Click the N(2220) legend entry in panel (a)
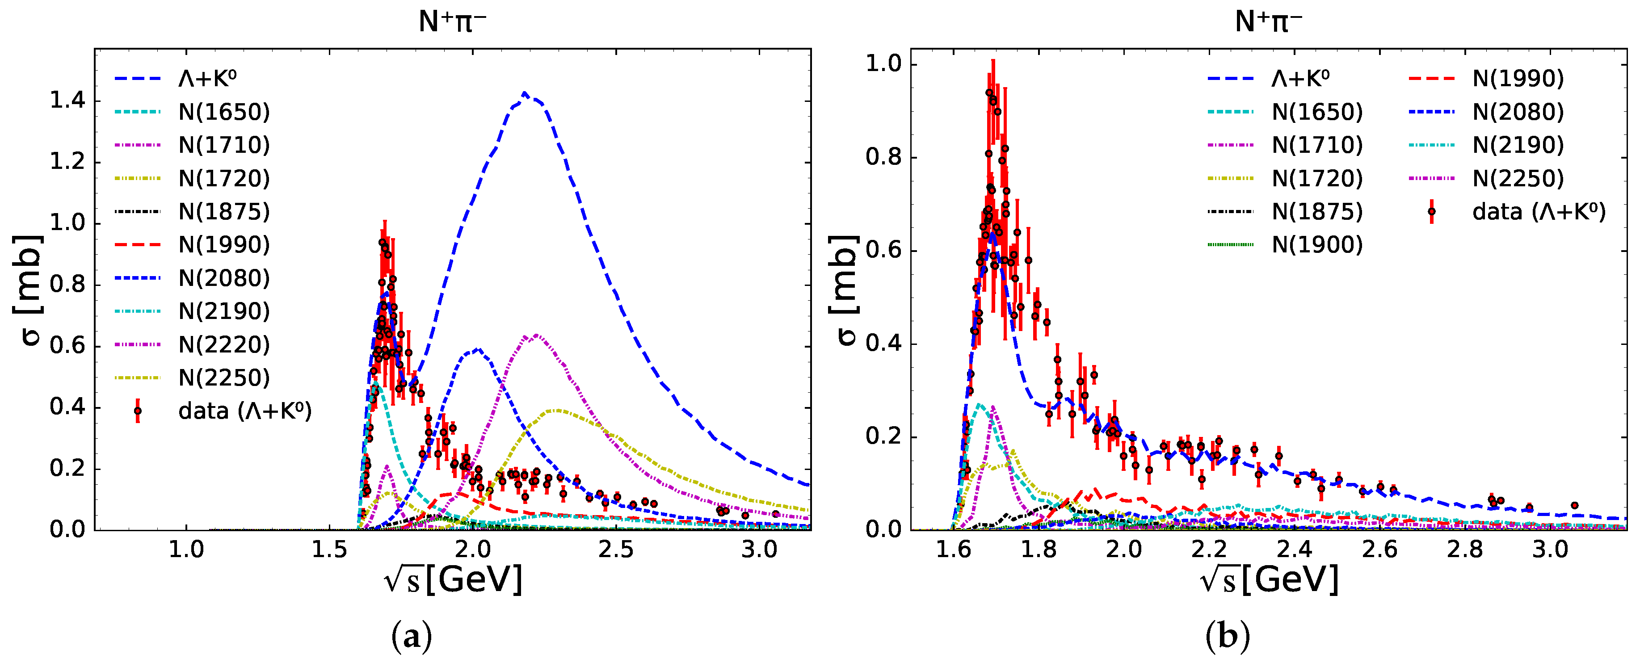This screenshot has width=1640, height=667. click(x=223, y=344)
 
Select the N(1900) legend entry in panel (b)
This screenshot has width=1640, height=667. click(x=1316, y=244)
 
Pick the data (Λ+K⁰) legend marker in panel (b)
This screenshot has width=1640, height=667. click(x=1431, y=211)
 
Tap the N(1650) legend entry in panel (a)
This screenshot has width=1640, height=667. click(x=223, y=112)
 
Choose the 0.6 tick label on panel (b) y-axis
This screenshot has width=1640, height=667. click(x=883, y=250)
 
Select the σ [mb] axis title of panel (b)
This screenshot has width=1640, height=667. click(x=844, y=289)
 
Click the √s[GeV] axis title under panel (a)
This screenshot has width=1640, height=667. click(x=453, y=579)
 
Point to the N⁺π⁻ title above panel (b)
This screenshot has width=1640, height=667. click(x=1268, y=21)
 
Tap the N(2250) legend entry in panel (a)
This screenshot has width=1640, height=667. click(x=223, y=378)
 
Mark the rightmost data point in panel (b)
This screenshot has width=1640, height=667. click(x=1574, y=505)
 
